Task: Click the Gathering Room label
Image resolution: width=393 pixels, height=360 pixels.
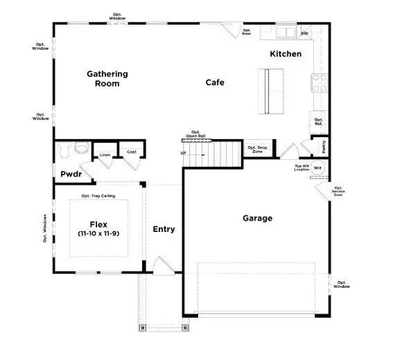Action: click(x=107, y=78)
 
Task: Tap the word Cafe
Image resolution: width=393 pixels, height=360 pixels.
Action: click(x=215, y=82)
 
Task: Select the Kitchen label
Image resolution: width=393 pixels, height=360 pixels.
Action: click(x=286, y=54)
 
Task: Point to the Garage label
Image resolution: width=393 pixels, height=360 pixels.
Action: click(x=257, y=218)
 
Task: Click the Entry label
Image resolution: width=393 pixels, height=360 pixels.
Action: click(x=164, y=229)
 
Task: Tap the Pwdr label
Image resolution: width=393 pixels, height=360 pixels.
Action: click(x=71, y=174)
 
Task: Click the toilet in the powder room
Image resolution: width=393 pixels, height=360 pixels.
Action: click(x=81, y=148)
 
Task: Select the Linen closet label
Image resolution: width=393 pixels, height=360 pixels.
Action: click(x=105, y=154)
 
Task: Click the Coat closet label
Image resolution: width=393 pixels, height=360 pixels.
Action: click(x=130, y=152)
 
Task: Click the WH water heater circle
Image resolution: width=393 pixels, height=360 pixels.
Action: click(x=317, y=168)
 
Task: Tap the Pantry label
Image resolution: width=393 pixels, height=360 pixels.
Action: click(x=324, y=147)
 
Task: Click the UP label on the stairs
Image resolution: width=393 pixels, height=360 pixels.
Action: click(x=184, y=154)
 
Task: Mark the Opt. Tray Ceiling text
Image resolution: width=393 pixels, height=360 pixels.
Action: click(x=98, y=196)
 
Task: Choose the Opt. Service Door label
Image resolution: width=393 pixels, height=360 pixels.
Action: click(x=338, y=192)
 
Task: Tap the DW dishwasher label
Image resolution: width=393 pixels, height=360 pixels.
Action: click(x=304, y=33)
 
